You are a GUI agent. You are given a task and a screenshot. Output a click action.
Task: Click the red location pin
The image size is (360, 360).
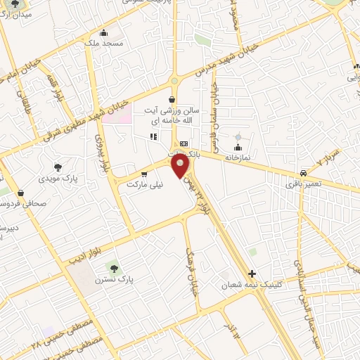tap(181, 167)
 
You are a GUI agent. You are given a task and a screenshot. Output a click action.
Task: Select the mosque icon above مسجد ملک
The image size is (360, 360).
tap(104, 32)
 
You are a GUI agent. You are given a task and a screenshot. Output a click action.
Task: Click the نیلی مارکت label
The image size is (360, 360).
tap(143, 185)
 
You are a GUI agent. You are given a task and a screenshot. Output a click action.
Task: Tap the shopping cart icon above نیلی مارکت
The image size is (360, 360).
tap(144, 174)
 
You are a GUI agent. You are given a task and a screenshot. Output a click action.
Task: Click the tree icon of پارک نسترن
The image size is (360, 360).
tap(113, 267)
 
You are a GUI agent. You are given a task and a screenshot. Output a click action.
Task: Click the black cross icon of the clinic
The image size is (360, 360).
tap(252, 274)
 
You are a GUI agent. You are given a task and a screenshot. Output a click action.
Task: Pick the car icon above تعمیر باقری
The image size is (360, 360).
tap(303, 173)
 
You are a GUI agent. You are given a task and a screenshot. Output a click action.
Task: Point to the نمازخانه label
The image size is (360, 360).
tap(238, 159)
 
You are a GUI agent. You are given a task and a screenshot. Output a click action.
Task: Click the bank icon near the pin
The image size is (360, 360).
tap(184, 143)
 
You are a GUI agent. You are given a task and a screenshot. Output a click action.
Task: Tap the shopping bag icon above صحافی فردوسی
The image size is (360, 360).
tap(20, 193)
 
